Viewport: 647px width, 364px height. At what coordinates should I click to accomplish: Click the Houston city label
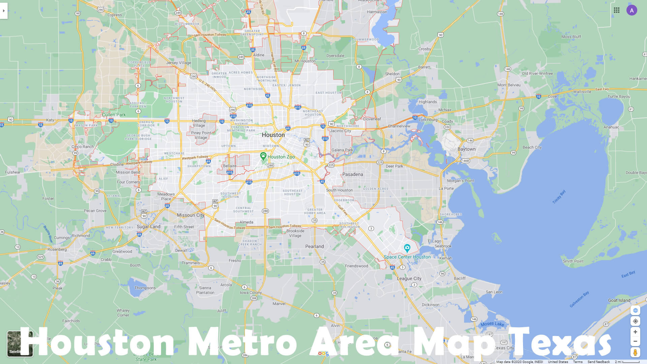coord(273,135)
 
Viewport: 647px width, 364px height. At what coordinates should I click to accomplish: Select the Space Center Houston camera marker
coord(407,248)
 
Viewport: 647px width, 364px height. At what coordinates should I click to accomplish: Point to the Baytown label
coord(466,149)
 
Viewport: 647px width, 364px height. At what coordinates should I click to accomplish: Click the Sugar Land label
coord(148,226)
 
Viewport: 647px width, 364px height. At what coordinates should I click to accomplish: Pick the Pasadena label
coord(352,174)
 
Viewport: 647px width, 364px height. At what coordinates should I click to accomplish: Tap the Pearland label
coord(314,246)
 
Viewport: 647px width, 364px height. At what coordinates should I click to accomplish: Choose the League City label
coord(409,278)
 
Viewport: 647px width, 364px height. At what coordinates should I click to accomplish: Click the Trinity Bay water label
coord(559,197)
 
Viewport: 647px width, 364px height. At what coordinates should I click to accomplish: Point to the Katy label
coord(50,120)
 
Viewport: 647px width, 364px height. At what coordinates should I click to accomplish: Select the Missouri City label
coord(190,215)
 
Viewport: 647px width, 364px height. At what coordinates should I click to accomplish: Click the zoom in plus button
coord(635,332)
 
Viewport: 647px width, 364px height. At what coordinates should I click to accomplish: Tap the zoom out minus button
coord(635,341)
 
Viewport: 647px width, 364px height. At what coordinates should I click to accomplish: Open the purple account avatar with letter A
coord(631,10)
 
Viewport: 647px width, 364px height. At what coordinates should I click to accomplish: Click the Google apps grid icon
coord(617,10)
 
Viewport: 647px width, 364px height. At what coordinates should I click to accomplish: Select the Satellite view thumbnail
coord(20,343)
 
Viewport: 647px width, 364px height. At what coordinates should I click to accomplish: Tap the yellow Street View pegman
coord(635,353)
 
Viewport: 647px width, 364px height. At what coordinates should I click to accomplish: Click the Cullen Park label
coord(114,115)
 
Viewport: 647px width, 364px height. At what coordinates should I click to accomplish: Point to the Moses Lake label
coord(492,324)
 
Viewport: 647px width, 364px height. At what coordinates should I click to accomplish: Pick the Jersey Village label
coord(178,63)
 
